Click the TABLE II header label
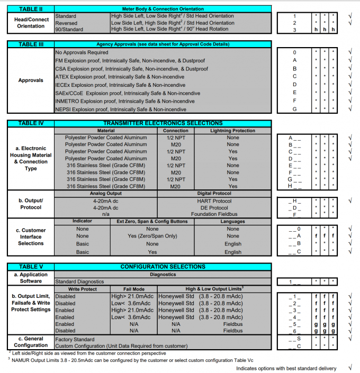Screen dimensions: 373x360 pyautogui.click(x=31, y=10)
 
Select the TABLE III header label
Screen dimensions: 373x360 pyautogui.click(x=31, y=44)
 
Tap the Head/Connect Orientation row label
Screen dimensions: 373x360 pyautogui.click(x=31, y=23)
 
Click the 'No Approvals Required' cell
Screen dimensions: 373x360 pyautogui.click(x=82, y=52)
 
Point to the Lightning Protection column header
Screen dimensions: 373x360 pyautogui.click(x=232, y=130)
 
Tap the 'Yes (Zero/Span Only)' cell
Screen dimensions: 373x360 pyautogui.click(x=152, y=236)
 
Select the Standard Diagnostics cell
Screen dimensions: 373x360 pyautogui.click(x=80, y=281)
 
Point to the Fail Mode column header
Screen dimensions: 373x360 pyautogui.click(x=134, y=289)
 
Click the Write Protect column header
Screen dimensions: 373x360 pyautogui.click(x=82, y=289)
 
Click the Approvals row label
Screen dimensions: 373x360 pyautogui.click(x=31, y=81)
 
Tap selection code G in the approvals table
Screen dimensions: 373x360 pyautogui.click(x=294, y=109)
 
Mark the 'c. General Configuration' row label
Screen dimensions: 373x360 pyautogui.click(x=31, y=341)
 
